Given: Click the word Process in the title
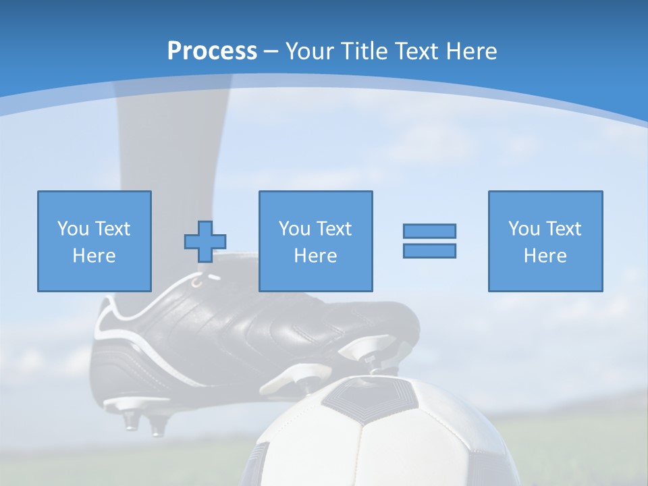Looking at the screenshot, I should [x=212, y=51].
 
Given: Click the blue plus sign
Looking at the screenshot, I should [x=205, y=242].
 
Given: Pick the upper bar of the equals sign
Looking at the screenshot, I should [x=429, y=231].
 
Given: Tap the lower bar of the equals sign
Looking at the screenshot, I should [x=429, y=250].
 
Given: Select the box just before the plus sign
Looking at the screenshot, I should [x=94, y=241].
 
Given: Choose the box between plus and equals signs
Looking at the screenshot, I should [x=315, y=241].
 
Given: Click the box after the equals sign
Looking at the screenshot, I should [x=545, y=241].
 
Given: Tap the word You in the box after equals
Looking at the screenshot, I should [x=523, y=229].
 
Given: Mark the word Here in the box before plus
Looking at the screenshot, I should [x=94, y=256].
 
